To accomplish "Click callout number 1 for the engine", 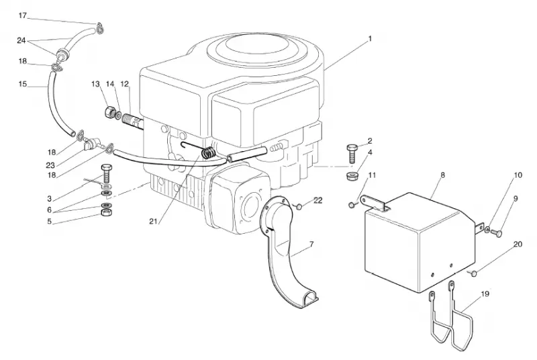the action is (x=370, y=39).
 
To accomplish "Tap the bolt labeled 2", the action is (x=352, y=154).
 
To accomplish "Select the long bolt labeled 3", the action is (x=106, y=174).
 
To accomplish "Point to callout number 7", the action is (x=311, y=244).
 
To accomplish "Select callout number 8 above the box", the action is (x=442, y=175).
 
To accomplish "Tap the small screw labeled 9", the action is (x=498, y=233).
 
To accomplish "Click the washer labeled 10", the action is (x=488, y=229).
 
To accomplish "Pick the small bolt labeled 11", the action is (x=352, y=205).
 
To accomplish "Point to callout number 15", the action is (x=23, y=84).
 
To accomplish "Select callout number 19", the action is (x=485, y=294).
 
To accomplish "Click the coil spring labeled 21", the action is (x=209, y=152).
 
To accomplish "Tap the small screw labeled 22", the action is (x=299, y=206).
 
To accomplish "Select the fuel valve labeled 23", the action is (x=89, y=144).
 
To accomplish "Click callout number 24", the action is (x=21, y=40).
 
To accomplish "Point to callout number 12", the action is (x=124, y=84).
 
